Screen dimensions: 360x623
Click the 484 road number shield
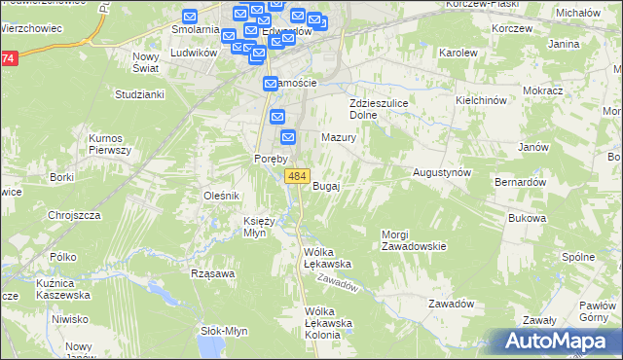(x=298, y=176)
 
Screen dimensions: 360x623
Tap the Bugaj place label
(x=326, y=186)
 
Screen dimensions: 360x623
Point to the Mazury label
(x=339, y=138)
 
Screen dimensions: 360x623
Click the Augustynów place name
(x=443, y=171)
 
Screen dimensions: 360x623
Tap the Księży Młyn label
(x=260, y=226)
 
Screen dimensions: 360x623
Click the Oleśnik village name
(x=221, y=196)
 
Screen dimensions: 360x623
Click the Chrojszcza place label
(x=75, y=215)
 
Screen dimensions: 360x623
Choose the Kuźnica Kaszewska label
(x=60, y=288)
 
